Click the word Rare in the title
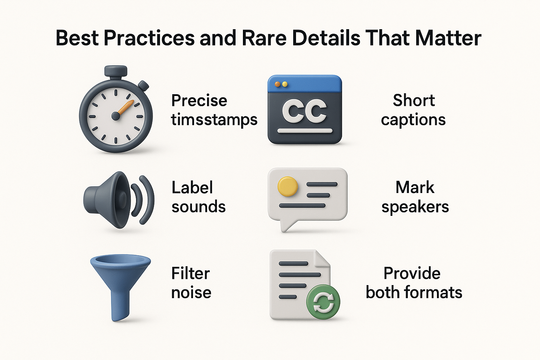264,38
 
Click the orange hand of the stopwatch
125,108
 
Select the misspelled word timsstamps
214,120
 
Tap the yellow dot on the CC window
285,84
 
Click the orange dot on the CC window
277,84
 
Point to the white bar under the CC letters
305,131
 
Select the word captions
413,120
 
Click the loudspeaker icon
118,200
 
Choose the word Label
192,187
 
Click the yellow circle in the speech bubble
288,186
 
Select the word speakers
415,207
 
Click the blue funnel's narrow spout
120,306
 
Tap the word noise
191,292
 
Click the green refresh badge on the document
323,302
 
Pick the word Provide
412,274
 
